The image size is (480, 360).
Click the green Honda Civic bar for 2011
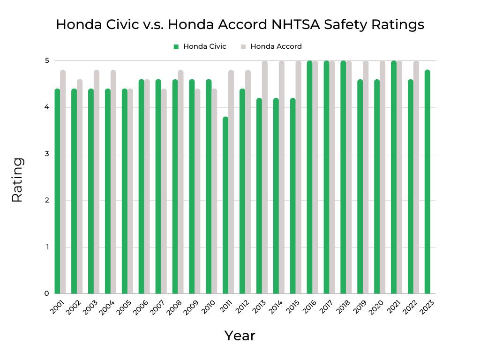(x=225, y=206)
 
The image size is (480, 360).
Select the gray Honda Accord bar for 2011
(x=231, y=183)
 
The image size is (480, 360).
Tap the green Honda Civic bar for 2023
(x=427, y=183)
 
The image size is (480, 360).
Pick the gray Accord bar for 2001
(x=63, y=183)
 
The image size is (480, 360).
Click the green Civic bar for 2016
(x=309, y=178)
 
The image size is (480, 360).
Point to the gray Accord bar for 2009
(x=197, y=192)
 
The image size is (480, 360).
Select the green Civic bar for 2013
(x=259, y=197)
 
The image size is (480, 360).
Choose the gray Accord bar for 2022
(x=416, y=178)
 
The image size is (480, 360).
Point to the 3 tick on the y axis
(x=47, y=154)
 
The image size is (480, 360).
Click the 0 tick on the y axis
(x=47, y=294)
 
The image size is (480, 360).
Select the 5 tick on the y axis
(x=47, y=60)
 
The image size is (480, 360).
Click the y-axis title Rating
(x=17, y=180)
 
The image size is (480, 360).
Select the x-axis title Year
(x=240, y=336)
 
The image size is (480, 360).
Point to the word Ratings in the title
(x=400, y=24)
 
